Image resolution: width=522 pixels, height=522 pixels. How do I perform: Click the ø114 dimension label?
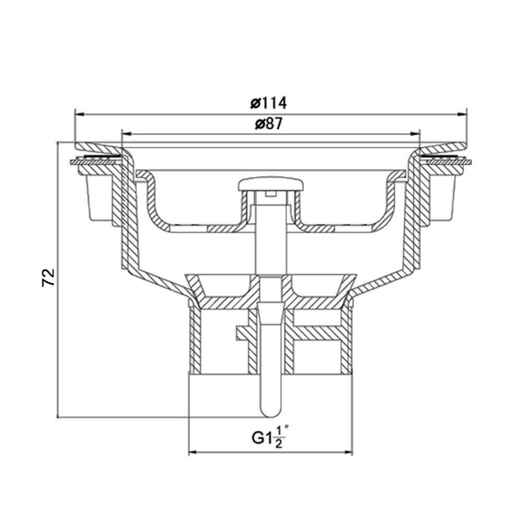coord(268,103)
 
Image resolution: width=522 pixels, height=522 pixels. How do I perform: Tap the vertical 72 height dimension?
coord(48,278)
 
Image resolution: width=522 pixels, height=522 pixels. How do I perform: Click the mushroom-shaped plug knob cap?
coord(270,184)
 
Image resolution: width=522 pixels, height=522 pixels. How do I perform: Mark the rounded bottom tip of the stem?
coord(270,412)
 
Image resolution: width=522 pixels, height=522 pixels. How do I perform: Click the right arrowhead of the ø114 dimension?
coord(462,113)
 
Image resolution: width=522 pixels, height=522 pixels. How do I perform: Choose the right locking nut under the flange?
coord(444,196)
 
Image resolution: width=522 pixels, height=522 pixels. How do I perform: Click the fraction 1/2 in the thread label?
coord(279,437)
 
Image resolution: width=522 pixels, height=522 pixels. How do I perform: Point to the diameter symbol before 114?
coord(255,103)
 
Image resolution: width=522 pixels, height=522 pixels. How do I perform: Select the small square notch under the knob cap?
coord(269,195)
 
